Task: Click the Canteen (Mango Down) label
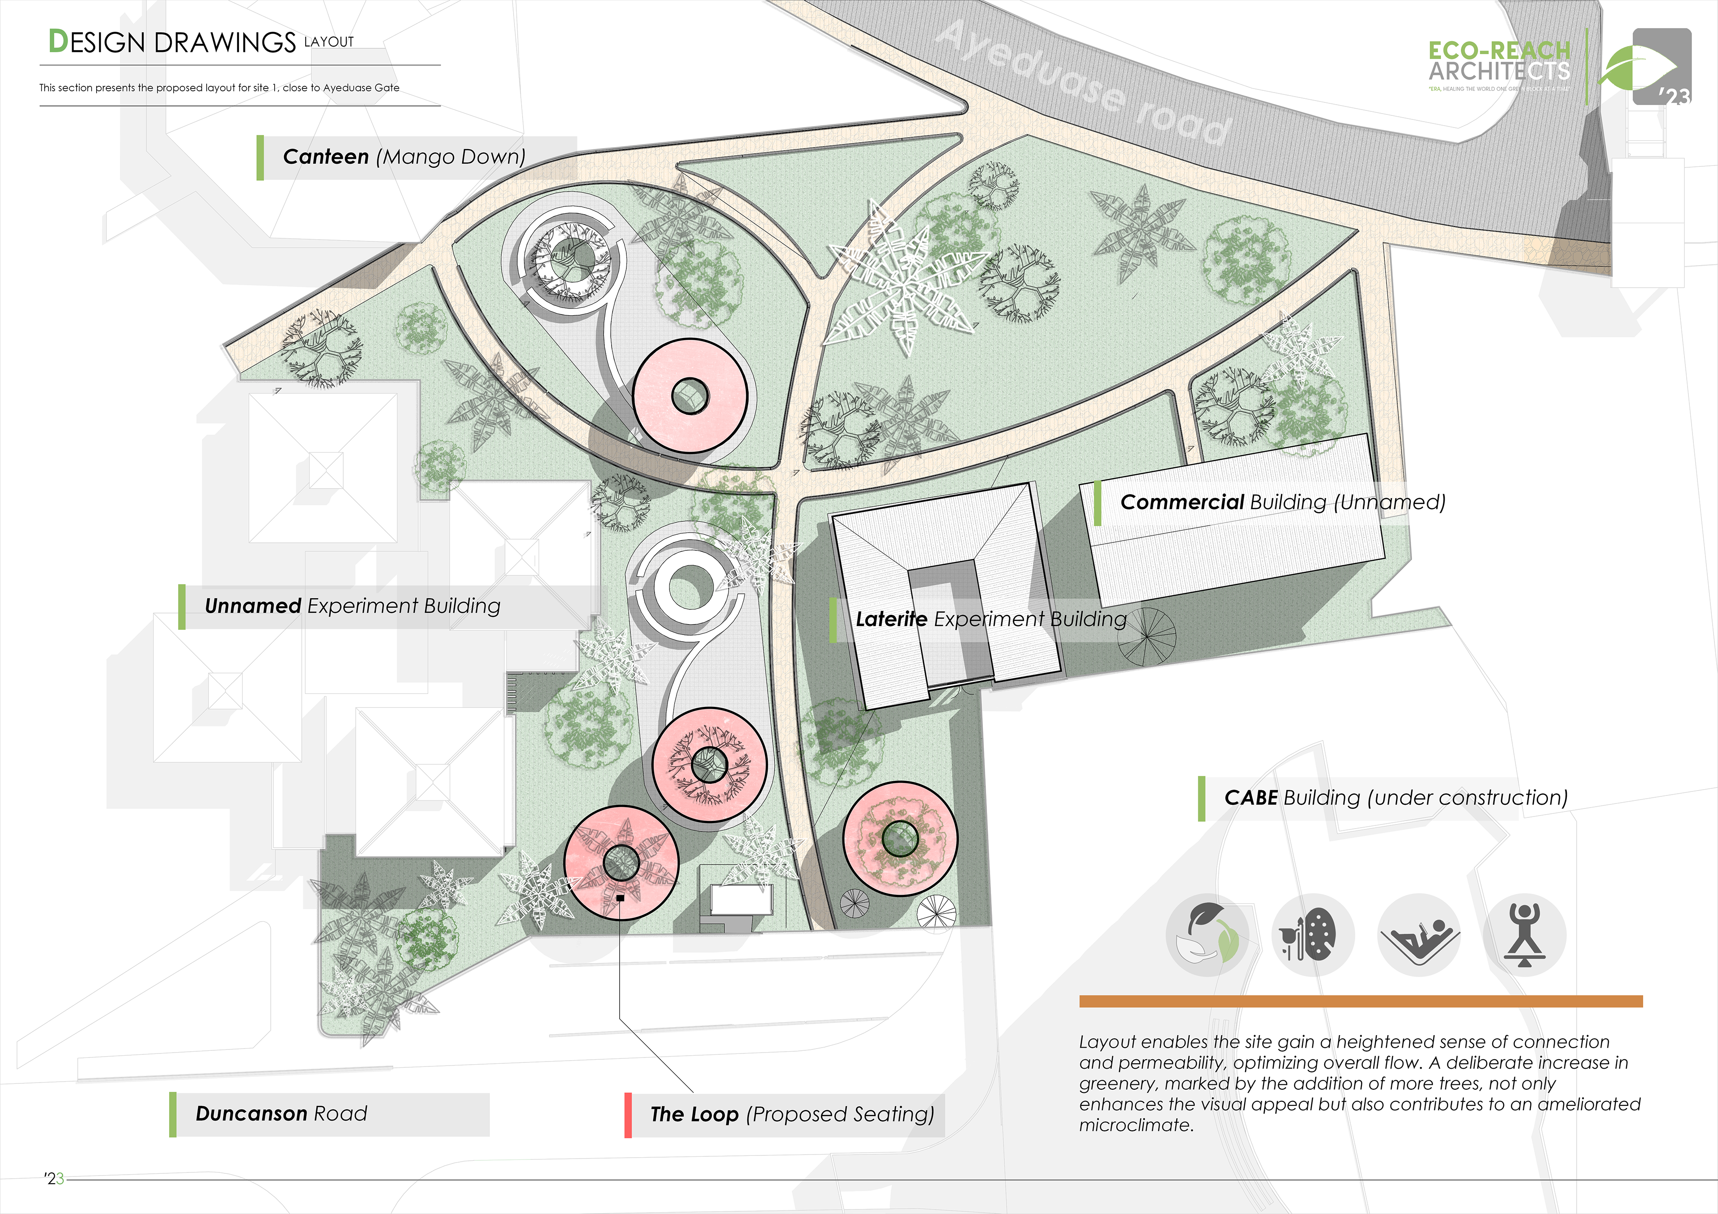404,157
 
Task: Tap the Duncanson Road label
281,1114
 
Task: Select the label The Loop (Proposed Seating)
791,1115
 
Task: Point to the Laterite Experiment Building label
991,619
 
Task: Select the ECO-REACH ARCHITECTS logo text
1499,61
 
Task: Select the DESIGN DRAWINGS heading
172,42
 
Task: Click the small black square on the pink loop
620,897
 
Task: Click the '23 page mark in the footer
54,1179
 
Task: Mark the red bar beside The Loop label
628,1115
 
